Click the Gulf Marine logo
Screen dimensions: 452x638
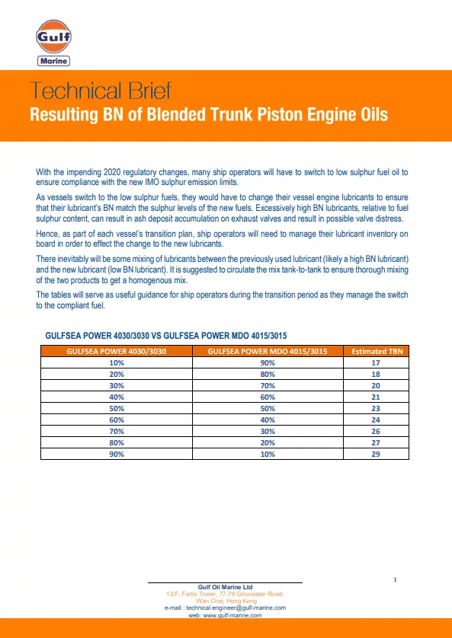click(53, 44)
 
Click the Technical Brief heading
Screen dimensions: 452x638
click(101, 91)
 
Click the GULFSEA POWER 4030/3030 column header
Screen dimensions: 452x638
click(117, 351)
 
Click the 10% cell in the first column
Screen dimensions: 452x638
click(117, 362)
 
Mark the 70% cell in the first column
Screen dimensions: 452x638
click(117, 431)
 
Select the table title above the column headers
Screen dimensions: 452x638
click(166, 335)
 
